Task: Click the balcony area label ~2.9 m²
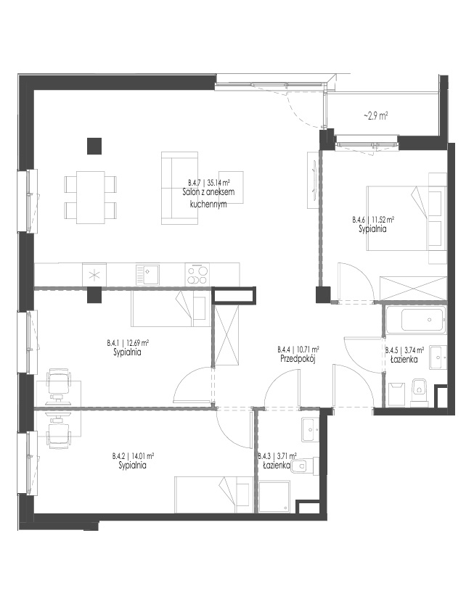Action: (x=375, y=116)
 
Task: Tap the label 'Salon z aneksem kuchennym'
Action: (x=208, y=197)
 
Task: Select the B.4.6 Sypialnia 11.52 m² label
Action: (x=373, y=225)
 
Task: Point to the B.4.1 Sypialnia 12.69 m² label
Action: (x=128, y=348)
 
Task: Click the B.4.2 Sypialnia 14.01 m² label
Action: (x=133, y=460)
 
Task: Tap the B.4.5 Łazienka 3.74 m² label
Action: (x=404, y=355)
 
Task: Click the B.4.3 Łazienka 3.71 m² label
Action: (x=277, y=460)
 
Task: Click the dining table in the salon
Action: (x=91, y=197)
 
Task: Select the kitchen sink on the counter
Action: (x=147, y=274)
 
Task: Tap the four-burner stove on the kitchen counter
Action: (x=197, y=275)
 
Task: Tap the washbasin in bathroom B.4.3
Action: (x=311, y=430)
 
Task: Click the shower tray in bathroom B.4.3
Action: (x=274, y=496)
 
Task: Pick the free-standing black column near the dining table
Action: (x=94, y=146)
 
